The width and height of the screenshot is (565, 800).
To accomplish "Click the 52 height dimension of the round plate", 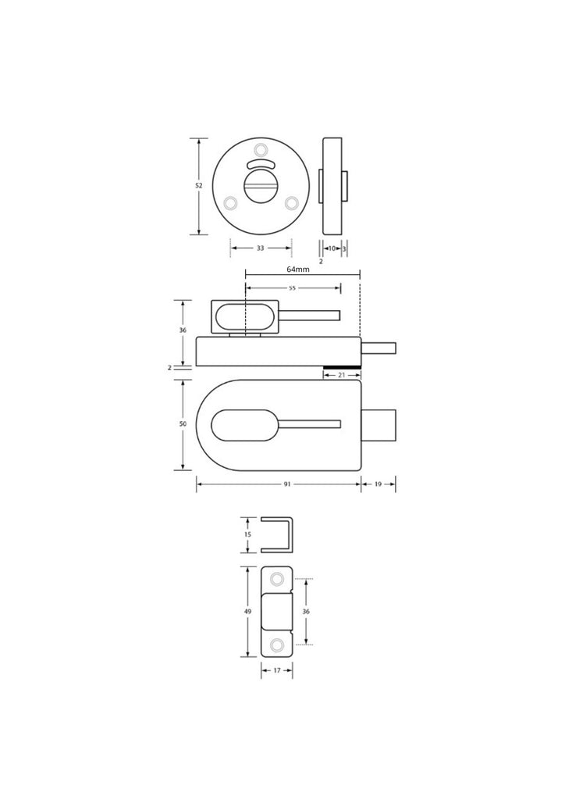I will pos(198,186).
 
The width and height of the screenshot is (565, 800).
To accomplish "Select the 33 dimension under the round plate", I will pos(261,248).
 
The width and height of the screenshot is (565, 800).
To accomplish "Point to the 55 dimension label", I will pos(293,287).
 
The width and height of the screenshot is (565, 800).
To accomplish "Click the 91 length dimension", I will pos(287,485).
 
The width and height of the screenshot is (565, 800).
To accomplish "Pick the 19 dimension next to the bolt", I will pos(378,485).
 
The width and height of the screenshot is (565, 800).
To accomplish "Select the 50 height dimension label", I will pos(183,423).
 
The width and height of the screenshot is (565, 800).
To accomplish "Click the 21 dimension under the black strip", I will pos(342,376).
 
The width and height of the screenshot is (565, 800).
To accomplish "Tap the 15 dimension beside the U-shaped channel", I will pos(248,534).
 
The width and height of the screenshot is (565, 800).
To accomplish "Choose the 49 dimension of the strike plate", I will pos(248,612).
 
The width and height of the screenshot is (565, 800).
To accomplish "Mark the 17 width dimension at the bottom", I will pos(277,670).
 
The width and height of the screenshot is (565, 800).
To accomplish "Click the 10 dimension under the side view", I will pos(332,248).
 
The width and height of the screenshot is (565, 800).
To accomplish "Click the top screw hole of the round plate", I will pos(261,151).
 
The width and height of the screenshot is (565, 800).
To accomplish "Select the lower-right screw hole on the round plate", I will pos(292,203).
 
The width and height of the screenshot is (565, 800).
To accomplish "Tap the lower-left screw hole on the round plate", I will pos(230,203).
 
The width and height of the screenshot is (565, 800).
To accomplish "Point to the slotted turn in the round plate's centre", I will pos(261,187).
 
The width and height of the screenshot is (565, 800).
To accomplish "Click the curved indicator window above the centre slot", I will pos(261,164).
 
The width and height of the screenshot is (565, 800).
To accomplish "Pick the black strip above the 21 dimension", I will pos(342,367).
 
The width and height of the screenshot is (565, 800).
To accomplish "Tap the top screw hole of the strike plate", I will pos(277,579).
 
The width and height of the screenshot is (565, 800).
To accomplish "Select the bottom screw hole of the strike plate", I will pos(277,645).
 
